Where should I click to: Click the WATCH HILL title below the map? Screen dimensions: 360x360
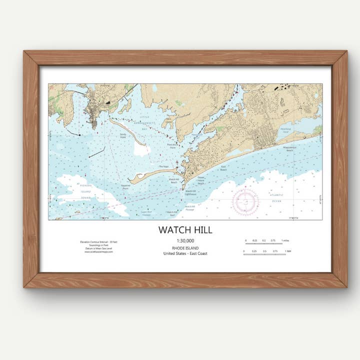(x=185, y=230)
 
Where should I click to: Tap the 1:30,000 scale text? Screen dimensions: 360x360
(x=185, y=241)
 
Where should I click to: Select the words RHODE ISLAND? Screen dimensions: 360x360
(x=185, y=248)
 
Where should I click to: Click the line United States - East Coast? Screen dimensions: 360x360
(x=185, y=253)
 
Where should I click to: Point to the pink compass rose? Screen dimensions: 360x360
(x=245, y=201)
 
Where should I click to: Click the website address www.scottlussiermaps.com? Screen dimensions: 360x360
(x=98, y=251)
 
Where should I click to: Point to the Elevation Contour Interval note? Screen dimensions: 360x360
(x=98, y=241)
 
